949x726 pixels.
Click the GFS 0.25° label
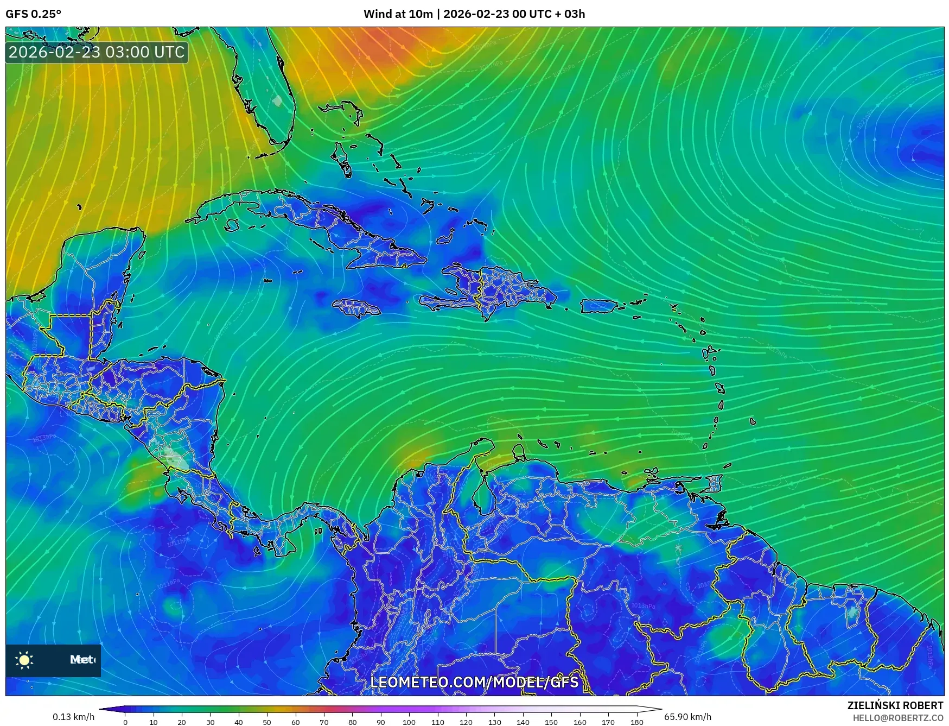(33, 14)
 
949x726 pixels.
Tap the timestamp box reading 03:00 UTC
(97, 52)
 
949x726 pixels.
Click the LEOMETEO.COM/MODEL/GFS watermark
(474, 682)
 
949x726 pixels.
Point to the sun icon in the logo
(24, 660)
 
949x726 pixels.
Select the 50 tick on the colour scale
(267, 722)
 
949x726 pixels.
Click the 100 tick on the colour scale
(409, 722)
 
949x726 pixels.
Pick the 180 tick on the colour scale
(636, 722)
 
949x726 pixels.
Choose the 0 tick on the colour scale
(125, 722)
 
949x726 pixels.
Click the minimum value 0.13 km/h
(74, 717)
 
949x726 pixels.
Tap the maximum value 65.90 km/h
(687, 717)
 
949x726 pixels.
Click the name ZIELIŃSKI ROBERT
(895, 705)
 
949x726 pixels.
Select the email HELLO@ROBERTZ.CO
(897, 718)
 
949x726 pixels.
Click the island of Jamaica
(356, 308)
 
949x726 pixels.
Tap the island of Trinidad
(715, 483)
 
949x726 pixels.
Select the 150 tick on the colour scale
(551, 722)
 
